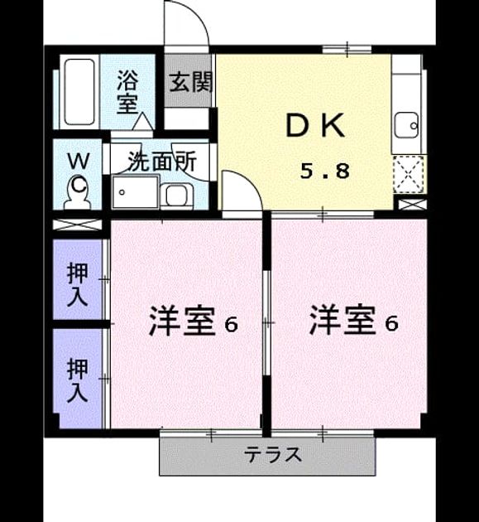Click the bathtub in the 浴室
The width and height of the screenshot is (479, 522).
tap(79, 92)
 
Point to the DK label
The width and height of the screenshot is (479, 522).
tap(315, 125)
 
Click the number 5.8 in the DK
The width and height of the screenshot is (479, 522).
tap(325, 172)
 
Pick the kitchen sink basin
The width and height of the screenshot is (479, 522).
tap(406, 125)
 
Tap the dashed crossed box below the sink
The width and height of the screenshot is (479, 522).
tap(409, 174)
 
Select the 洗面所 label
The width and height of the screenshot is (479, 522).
tap(162, 162)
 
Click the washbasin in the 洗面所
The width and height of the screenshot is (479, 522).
tap(176, 195)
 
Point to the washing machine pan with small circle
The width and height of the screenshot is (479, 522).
tap(136, 192)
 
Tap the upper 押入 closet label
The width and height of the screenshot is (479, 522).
tap(78, 285)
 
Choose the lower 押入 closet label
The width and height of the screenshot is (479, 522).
tap(78, 379)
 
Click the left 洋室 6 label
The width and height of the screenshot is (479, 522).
tap(193, 322)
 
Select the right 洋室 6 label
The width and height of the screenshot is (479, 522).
tap(353, 321)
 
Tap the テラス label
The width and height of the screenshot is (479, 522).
tap(273, 455)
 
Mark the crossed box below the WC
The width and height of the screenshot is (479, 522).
tap(77, 225)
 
